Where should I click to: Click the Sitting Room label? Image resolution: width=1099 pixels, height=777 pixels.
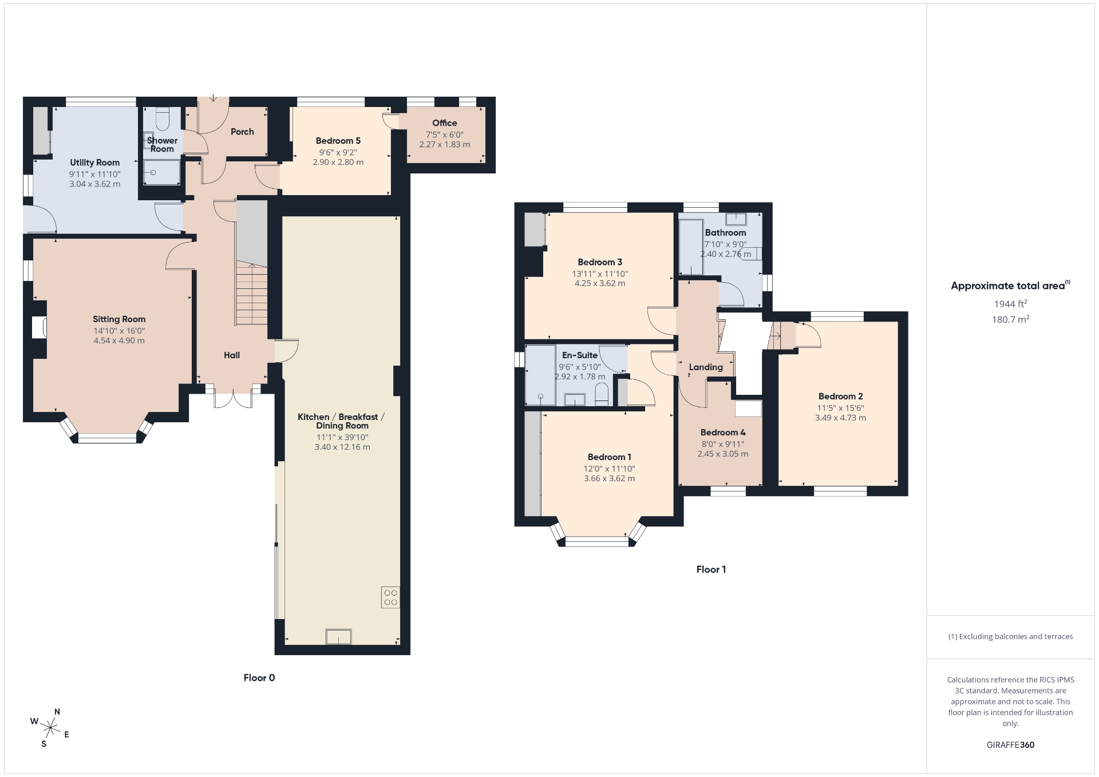pyautogui.click(x=119, y=319)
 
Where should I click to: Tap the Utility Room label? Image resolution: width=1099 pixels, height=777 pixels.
pyautogui.click(x=95, y=162)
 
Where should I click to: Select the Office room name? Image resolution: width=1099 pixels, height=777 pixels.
pyautogui.click(x=445, y=123)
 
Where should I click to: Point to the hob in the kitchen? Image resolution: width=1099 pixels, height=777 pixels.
pyautogui.click(x=391, y=597)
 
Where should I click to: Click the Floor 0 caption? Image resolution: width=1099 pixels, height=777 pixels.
pyautogui.click(x=259, y=678)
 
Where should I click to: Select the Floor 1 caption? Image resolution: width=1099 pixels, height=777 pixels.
pyautogui.click(x=711, y=569)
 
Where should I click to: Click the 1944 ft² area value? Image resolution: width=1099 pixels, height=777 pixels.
pyautogui.click(x=1010, y=304)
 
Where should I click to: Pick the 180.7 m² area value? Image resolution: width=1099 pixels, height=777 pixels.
pyautogui.click(x=1010, y=319)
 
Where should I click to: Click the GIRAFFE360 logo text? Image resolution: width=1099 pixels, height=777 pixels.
pyautogui.click(x=1010, y=745)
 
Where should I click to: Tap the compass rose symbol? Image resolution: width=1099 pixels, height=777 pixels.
pyautogui.click(x=50, y=728)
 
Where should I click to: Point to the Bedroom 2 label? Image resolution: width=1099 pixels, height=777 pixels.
pyautogui.click(x=840, y=396)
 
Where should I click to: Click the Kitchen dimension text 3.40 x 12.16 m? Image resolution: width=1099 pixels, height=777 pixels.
pyautogui.click(x=342, y=447)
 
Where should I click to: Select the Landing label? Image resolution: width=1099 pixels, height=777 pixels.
pyautogui.click(x=706, y=367)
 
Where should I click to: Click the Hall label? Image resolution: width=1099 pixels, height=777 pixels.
pyautogui.click(x=232, y=355)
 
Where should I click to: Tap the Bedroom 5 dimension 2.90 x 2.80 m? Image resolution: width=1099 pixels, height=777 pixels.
pyautogui.click(x=338, y=162)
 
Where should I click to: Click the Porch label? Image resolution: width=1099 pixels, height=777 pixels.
pyautogui.click(x=242, y=132)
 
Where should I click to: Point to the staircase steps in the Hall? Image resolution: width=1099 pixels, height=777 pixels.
pyautogui.click(x=251, y=295)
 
